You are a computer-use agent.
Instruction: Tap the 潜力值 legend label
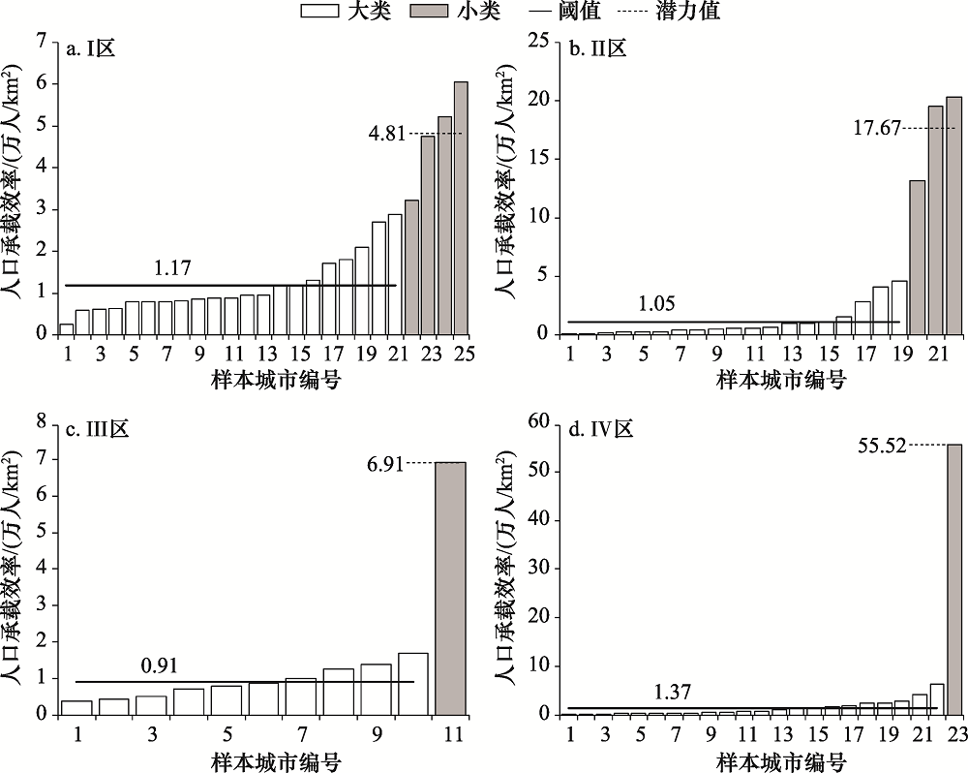[x=686, y=13]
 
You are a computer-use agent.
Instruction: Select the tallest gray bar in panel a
[x=461, y=208]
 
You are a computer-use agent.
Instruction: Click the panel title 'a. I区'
[x=91, y=50]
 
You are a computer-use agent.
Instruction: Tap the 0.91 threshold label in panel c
[x=161, y=665]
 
